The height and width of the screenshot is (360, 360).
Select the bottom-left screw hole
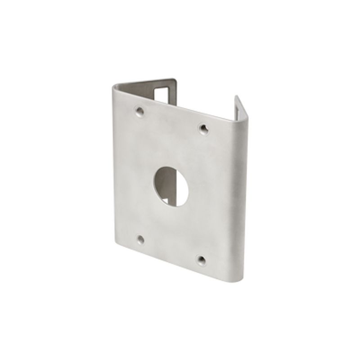point(141,239)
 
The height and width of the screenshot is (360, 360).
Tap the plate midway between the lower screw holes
point(171,249)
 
